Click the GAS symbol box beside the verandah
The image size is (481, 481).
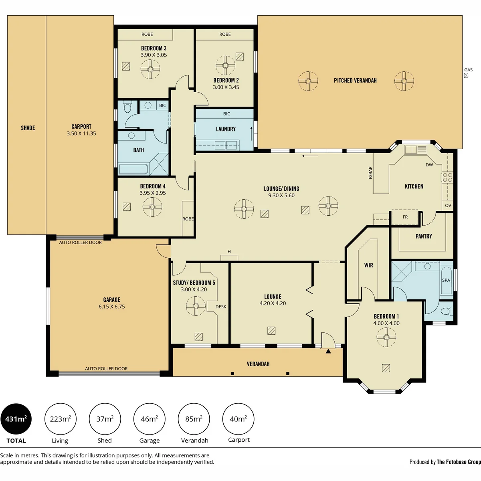click(x=466, y=75)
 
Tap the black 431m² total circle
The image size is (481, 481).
click(x=16, y=419)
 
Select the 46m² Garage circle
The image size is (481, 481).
click(x=149, y=419)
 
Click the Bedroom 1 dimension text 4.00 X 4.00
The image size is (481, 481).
click(x=386, y=323)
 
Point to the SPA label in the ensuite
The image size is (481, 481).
click(x=446, y=280)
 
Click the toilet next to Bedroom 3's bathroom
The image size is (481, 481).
click(x=127, y=107)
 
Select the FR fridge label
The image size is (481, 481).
click(x=405, y=217)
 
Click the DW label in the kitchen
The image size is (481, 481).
click(x=429, y=165)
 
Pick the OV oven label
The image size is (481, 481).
click(x=448, y=206)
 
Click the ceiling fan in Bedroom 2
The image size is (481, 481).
click(x=225, y=65)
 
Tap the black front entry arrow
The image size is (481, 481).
click(x=328, y=351)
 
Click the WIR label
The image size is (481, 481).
click(x=369, y=265)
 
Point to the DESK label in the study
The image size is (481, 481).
click(x=221, y=307)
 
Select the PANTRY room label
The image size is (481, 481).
click(x=424, y=236)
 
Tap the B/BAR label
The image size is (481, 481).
click(x=370, y=173)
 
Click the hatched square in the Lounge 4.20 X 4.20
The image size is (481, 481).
click(x=271, y=331)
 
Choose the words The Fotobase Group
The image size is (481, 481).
click(x=459, y=462)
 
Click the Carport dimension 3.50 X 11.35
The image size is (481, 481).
click(x=81, y=133)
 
